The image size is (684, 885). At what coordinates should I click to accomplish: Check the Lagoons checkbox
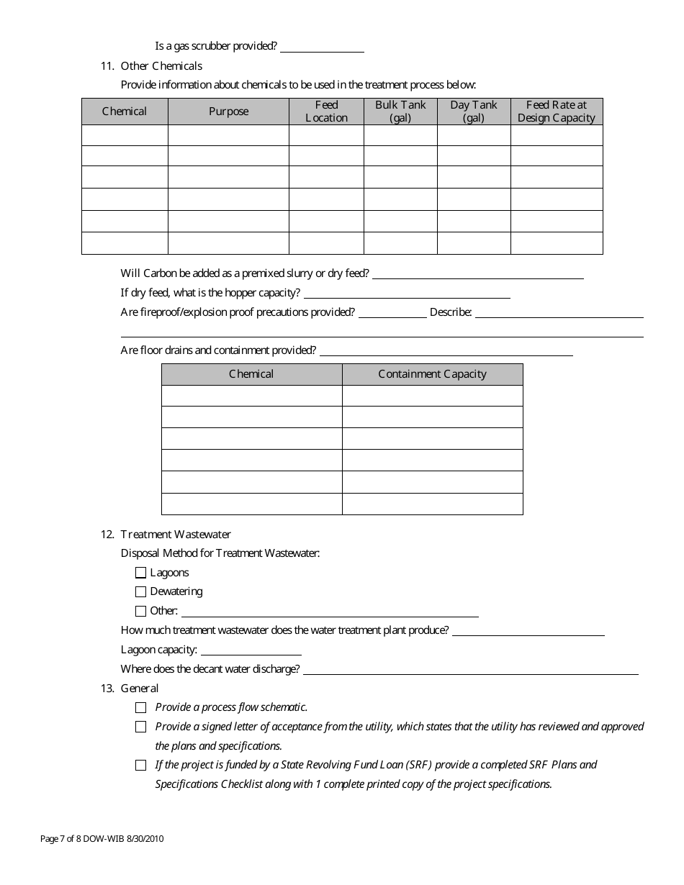[x=140, y=573]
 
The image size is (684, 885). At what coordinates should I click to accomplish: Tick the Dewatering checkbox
[x=140, y=591]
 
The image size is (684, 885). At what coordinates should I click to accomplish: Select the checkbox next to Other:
[x=140, y=611]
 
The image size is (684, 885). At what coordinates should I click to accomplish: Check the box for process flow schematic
[x=140, y=707]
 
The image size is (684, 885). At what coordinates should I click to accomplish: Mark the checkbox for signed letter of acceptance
[x=140, y=727]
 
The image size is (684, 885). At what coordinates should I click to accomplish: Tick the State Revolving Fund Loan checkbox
[x=140, y=765]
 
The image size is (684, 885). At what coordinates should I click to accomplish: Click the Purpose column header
[x=228, y=112]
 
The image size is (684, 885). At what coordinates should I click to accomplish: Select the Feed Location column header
[x=326, y=112]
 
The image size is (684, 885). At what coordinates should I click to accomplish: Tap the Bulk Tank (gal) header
[x=400, y=112]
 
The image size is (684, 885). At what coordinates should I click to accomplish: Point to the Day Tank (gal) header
[x=474, y=112]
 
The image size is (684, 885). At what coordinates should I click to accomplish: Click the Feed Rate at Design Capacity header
[x=557, y=112]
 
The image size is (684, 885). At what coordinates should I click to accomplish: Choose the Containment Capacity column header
[x=432, y=374]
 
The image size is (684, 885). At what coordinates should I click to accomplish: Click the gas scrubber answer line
[x=322, y=47]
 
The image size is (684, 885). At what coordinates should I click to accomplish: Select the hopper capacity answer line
[x=407, y=294]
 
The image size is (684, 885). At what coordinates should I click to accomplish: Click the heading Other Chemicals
[x=161, y=66]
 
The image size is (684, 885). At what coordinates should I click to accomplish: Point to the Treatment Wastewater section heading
[x=176, y=535]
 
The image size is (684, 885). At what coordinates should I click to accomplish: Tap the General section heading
[x=140, y=689]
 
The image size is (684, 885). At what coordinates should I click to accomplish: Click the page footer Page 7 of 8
[x=107, y=838]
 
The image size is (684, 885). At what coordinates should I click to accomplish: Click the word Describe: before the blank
[x=451, y=312]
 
